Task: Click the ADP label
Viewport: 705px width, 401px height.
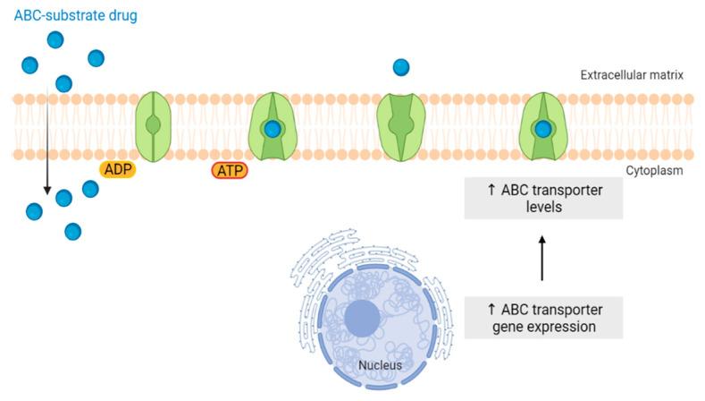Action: pyautogui.click(x=116, y=169)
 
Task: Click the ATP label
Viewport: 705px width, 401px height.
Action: pyautogui.click(x=229, y=170)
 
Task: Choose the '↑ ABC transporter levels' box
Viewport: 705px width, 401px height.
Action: pyautogui.click(x=543, y=198)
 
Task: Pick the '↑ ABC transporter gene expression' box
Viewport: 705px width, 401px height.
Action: pyautogui.click(x=543, y=318)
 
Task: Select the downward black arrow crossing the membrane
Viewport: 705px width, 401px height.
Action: pyautogui.click(x=46, y=143)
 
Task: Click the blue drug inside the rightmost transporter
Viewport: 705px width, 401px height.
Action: pyautogui.click(x=543, y=130)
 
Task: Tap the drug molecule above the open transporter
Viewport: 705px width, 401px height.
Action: pyautogui.click(x=401, y=67)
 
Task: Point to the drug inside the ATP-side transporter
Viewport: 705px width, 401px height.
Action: pyautogui.click(x=272, y=130)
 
